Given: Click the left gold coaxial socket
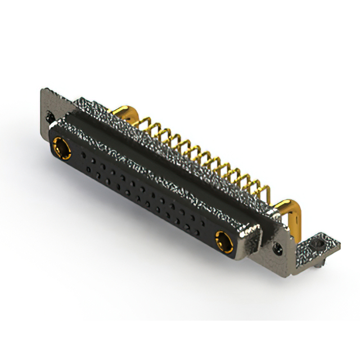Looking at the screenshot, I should coord(60,150).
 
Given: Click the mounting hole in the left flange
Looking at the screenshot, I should coord(49,116).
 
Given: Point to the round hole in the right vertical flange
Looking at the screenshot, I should coord(277,246).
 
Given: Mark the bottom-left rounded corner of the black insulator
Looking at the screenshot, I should coord(54,159).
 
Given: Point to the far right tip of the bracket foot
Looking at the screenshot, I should coord(339,244).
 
